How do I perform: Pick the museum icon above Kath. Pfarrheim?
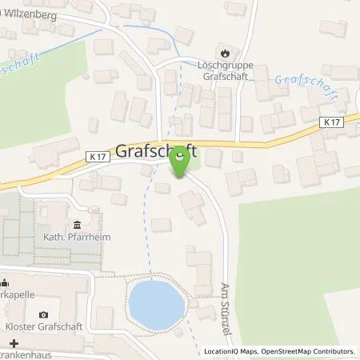[77, 224]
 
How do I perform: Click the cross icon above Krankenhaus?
[13, 342]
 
